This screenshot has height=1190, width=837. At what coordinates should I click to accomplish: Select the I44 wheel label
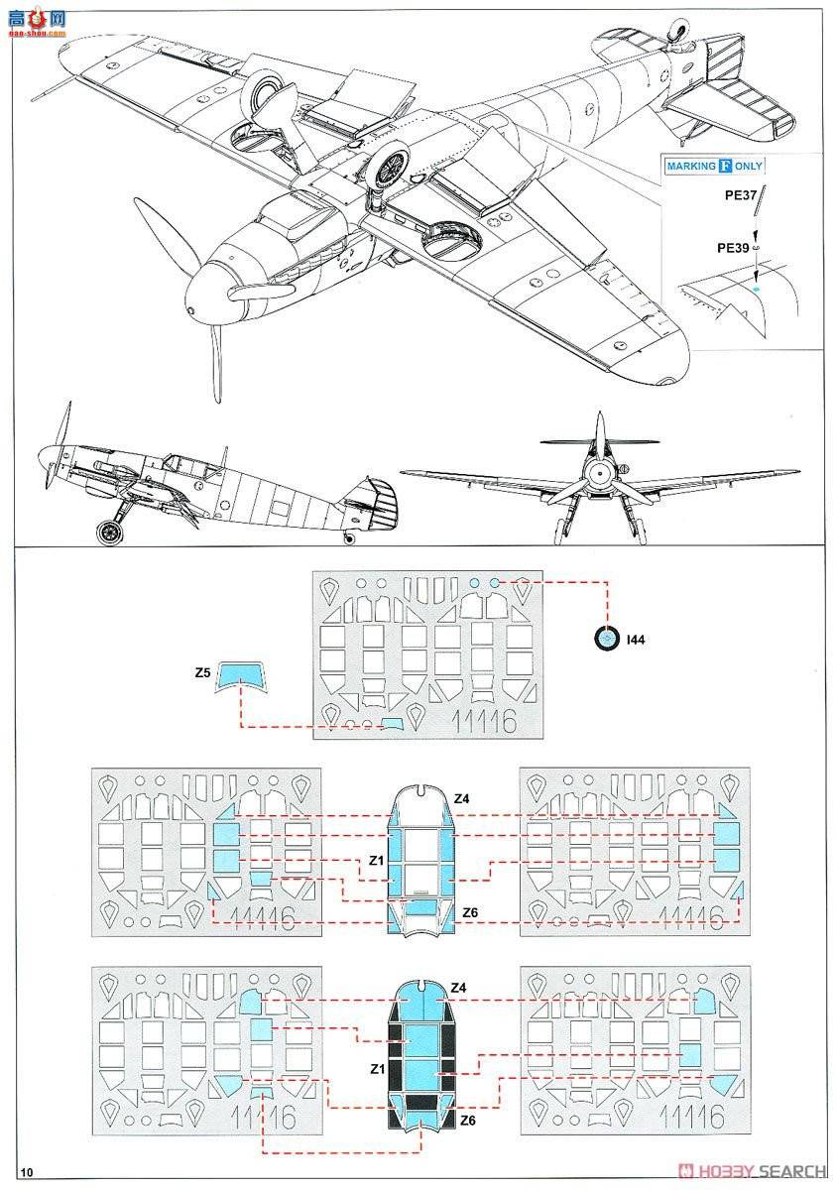[636, 642]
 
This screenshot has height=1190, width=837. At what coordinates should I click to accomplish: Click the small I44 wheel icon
[606, 640]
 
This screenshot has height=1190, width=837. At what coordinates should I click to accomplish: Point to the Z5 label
[201, 672]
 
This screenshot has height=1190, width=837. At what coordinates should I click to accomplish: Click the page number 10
[26, 1173]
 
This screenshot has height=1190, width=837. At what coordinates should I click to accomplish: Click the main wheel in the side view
[111, 532]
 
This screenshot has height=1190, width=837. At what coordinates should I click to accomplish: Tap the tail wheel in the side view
[349, 538]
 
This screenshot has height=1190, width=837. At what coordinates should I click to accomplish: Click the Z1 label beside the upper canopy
[375, 861]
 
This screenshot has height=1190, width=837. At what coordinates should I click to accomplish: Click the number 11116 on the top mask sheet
[481, 720]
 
